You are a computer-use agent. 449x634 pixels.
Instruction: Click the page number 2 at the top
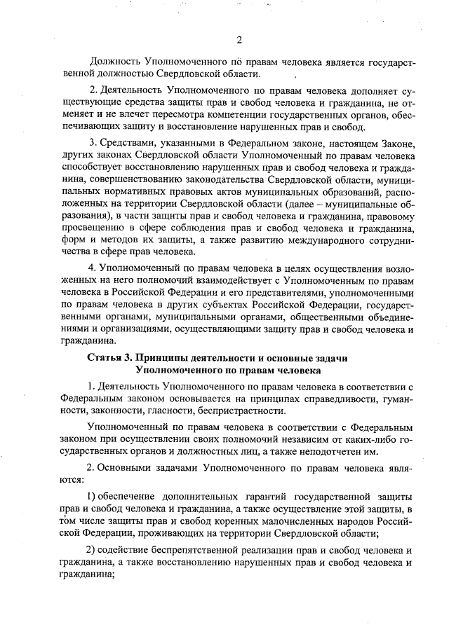(x=239, y=39)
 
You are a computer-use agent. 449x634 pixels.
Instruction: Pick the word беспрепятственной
(x=196, y=549)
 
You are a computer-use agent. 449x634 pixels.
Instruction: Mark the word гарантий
(x=253, y=497)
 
